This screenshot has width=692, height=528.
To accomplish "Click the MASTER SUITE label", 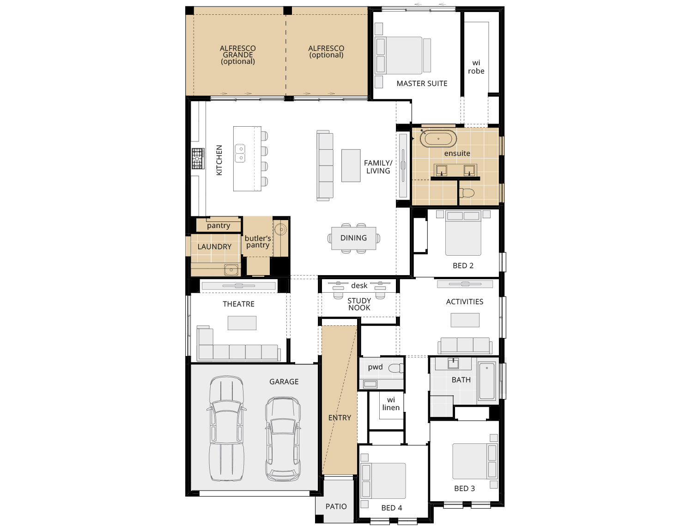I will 422,84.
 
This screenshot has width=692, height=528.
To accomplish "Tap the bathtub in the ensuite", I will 438,139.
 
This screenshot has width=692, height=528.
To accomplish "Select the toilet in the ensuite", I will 467,193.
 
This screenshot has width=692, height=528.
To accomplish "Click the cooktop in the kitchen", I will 198,159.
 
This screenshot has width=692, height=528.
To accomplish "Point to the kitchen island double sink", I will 240,153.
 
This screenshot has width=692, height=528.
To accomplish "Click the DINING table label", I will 353,238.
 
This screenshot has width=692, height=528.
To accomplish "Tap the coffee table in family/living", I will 351,165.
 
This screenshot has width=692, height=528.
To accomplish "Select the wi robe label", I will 476,67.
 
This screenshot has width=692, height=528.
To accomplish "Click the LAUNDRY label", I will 214,247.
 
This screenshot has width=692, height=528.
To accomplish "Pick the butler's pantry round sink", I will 280,229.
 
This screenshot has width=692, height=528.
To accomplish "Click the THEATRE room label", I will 238,304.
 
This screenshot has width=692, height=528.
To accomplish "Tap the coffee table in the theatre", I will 242,323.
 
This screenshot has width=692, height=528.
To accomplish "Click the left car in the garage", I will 226,429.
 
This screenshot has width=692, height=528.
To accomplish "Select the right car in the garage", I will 283,438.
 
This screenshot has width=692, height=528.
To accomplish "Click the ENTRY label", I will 340,418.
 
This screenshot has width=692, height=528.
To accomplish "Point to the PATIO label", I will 336,507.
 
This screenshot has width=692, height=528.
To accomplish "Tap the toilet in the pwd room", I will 395,368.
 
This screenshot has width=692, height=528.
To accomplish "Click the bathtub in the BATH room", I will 487,381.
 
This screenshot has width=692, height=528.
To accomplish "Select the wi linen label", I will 391,404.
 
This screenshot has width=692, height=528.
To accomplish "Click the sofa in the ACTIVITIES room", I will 465,345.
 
